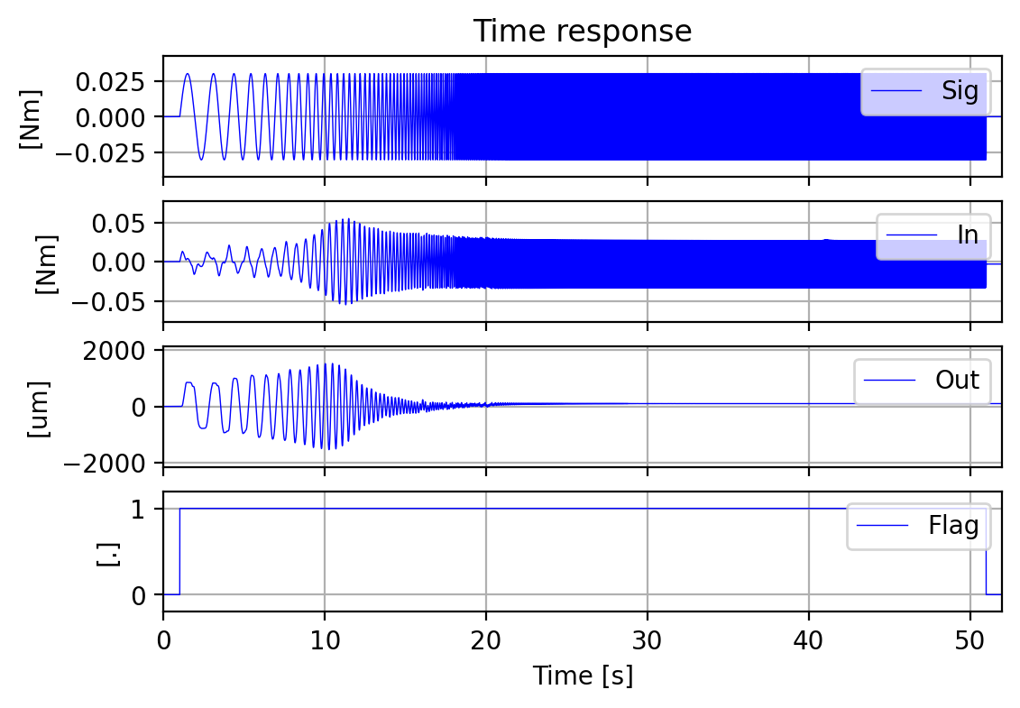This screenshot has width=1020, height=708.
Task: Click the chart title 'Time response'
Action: coord(583,32)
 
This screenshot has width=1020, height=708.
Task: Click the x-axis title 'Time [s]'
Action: coord(583,676)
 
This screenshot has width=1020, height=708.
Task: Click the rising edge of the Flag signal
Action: coord(179,551)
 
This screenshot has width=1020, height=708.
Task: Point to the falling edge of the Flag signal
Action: coord(986,551)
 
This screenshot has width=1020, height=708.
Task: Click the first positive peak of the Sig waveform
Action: coord(188,74)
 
